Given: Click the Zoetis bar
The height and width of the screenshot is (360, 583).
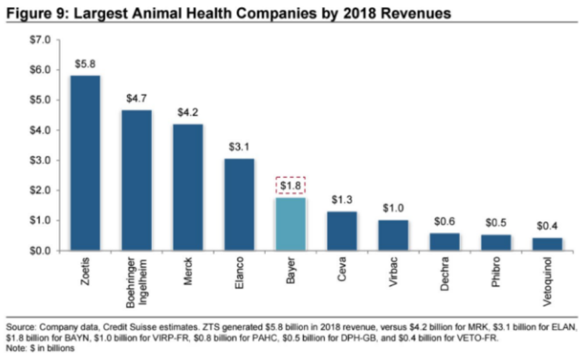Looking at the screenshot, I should point(85,162).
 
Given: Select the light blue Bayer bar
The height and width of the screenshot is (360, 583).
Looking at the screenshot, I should point(290,224).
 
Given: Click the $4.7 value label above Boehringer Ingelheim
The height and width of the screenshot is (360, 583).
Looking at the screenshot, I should point(136,98).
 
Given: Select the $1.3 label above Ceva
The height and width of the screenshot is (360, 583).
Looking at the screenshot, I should point(342,199).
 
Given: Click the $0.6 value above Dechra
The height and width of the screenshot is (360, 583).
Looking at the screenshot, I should point(444,221).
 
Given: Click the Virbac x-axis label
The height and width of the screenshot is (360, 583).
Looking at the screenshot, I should point(393,278).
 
